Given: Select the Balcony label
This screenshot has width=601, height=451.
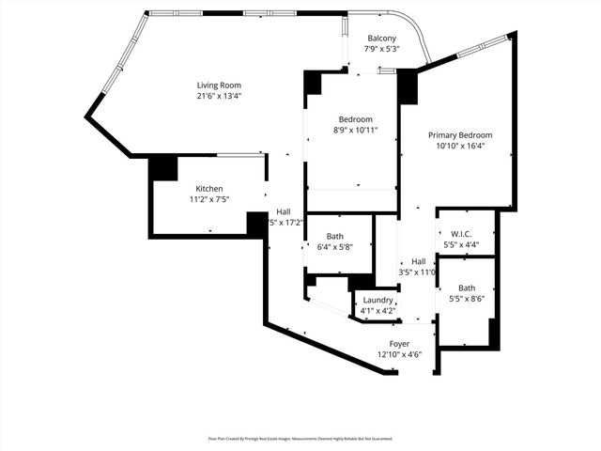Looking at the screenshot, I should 380,38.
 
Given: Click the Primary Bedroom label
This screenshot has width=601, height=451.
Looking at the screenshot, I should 460,134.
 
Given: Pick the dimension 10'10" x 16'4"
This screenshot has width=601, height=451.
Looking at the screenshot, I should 460,146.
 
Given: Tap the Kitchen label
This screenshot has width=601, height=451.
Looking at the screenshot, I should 208,188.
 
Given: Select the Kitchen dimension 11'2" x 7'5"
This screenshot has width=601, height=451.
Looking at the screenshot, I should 208,199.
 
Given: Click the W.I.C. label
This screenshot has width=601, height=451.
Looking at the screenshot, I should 460,233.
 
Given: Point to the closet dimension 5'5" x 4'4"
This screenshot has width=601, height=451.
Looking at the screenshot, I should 460,244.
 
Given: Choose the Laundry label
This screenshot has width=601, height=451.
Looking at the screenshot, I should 378,299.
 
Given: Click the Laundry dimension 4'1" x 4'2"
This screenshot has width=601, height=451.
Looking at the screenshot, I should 378,309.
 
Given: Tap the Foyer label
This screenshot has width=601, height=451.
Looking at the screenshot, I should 400,344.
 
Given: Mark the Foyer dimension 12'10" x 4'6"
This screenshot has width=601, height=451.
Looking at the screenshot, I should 400,355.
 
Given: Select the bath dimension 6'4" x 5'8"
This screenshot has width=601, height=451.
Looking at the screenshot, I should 334,247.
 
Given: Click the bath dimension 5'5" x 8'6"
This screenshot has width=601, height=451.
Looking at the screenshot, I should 466,299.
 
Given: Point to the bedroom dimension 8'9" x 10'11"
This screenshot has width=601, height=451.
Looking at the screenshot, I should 356,131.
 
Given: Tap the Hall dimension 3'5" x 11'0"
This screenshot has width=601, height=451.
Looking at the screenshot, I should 418,272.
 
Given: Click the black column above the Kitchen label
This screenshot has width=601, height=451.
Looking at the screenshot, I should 163,168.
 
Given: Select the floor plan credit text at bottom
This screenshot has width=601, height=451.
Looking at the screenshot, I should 300,438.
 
